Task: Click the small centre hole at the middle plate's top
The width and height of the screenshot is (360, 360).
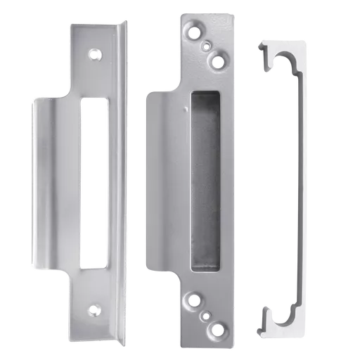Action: pyautogui.click(x=206, y=46)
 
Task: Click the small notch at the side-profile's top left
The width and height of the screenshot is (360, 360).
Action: pyautogui.click(x=259, y=49)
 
